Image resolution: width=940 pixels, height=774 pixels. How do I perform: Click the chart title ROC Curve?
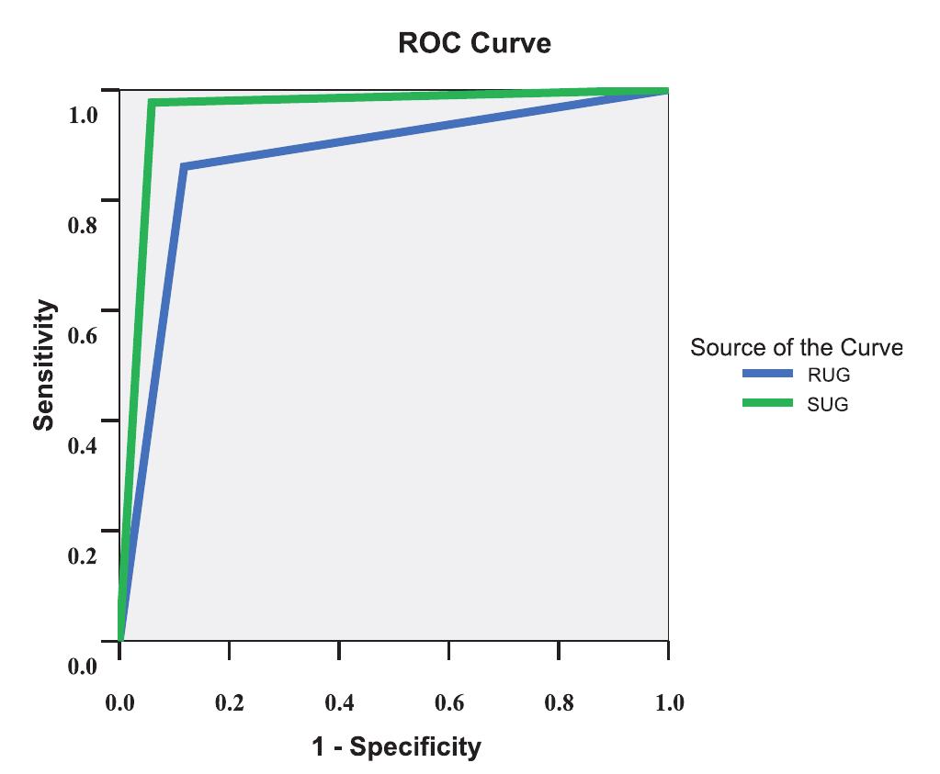coord(474,43)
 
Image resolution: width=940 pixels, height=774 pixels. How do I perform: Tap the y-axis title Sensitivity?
coord(43,365)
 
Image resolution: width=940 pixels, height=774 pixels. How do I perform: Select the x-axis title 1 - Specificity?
coord(395,746)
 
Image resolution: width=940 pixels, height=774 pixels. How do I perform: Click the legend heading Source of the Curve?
coord(796,347)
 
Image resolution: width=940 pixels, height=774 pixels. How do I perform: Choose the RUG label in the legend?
coord(828,375)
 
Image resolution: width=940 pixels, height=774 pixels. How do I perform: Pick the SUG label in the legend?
coord(827,403)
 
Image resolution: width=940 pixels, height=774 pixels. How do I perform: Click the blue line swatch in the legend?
coord(767,374)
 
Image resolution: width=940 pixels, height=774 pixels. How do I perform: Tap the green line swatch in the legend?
coord(767,402)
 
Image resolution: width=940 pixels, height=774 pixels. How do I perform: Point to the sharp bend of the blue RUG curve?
coord(184,167)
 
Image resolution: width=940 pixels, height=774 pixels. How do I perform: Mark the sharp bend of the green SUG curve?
coord(152,102)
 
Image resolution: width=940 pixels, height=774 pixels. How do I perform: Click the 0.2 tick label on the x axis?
coord(229,703)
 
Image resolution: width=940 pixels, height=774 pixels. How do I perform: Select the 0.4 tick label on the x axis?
coord(339,703)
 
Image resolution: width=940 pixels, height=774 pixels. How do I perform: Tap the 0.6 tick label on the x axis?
coord(448,703)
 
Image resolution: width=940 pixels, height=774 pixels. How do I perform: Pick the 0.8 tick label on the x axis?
coord(559,703)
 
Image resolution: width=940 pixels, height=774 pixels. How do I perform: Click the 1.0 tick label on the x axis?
coord(668,703)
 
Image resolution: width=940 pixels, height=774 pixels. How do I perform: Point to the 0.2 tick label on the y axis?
coord(82,556)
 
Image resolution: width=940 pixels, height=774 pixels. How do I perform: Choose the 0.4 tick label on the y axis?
coord(82,446)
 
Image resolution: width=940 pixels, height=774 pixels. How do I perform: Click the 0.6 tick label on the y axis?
coord(82,336)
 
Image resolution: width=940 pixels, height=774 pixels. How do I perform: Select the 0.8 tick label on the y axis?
coord(82,226)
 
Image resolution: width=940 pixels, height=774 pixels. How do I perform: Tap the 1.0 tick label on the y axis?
coord(82,116)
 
